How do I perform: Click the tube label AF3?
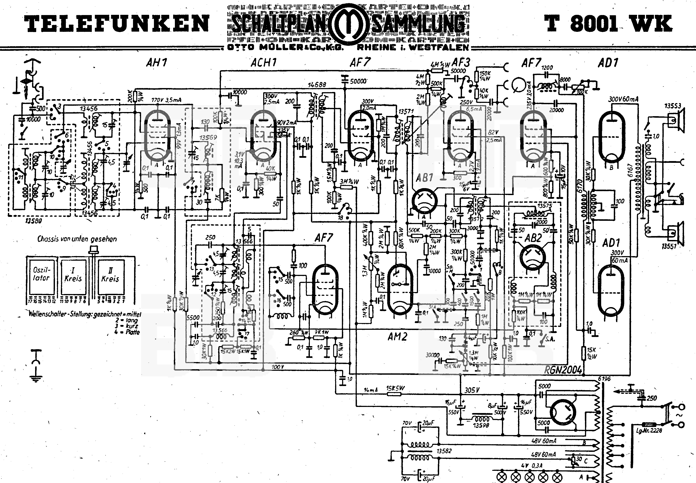tap(461, 63)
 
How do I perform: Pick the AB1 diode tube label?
tap(425, 178)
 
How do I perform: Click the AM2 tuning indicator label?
tap(397, 337)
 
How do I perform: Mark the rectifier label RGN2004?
tap(563, 370)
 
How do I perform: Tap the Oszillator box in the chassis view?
tap(41, 274)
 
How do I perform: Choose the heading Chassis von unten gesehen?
tap(77, 239)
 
